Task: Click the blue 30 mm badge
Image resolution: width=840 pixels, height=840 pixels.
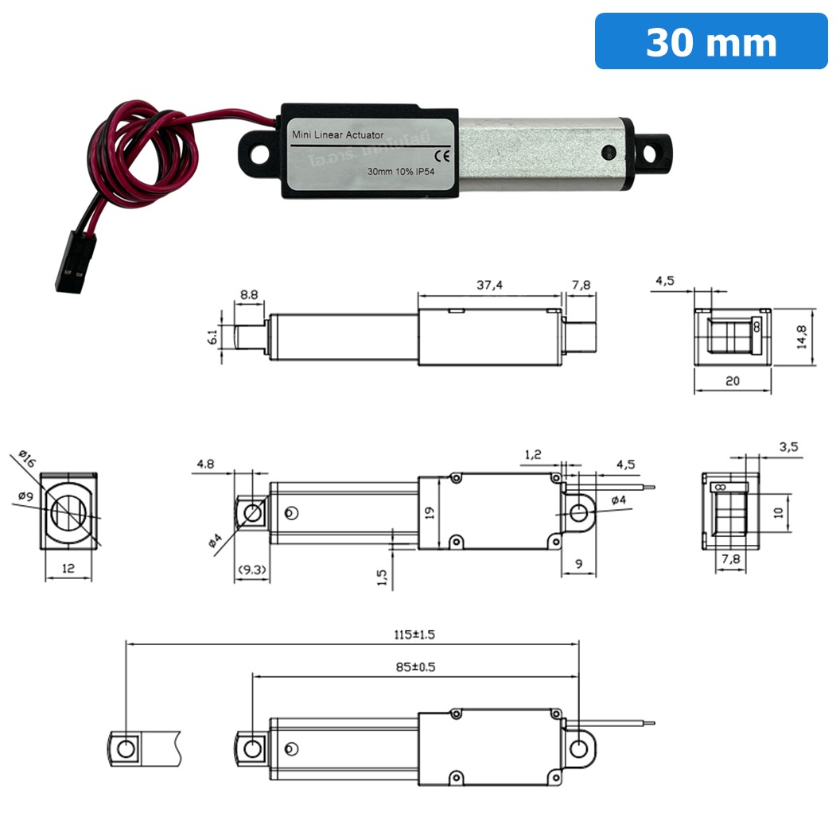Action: [710, 41]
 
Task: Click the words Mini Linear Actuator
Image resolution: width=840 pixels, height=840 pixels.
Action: [338, 135]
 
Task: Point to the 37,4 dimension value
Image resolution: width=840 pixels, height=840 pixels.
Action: [489, 285]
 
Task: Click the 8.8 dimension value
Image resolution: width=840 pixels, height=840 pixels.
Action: [249, 294]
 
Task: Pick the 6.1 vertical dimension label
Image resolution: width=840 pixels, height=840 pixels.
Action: [212, 337]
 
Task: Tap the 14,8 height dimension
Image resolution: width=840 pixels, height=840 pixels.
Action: [802, 337]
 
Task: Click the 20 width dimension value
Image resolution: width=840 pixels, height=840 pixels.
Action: [733, 381]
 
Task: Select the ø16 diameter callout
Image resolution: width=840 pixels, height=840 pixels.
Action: [25, 460]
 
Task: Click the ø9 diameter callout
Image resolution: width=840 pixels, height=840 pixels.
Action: [25, 497]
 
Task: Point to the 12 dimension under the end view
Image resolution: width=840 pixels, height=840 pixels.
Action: [68, 568]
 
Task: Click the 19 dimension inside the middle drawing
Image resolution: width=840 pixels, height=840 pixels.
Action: [430, 513]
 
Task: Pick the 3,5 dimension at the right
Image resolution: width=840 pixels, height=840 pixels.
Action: [788, 447]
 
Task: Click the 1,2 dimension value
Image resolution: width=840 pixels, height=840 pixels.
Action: [533, 454]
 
